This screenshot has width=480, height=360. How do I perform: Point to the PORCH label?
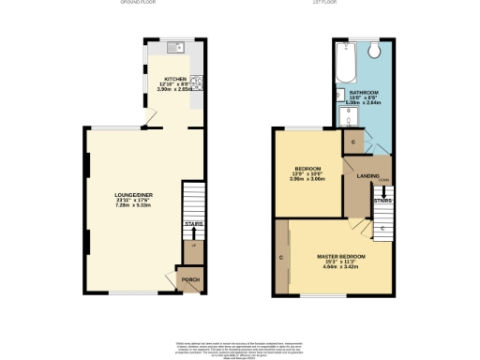tap(190, 279)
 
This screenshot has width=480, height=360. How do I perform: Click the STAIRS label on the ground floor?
tap(193, 224)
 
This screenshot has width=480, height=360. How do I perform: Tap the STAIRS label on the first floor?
tap(382, 200)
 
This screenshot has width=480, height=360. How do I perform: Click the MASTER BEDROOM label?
tap(339, 255)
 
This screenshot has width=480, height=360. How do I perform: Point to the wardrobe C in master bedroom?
tap(281, 256)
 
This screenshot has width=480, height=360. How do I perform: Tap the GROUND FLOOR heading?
tap(138, 3)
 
